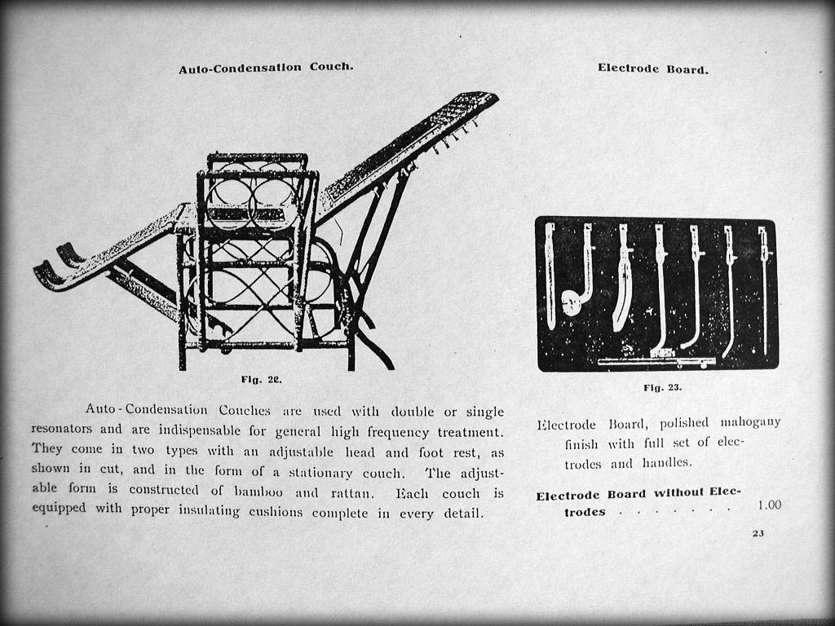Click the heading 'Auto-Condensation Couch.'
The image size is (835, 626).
pos(266,68)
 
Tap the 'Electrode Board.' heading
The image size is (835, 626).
pos(652,68)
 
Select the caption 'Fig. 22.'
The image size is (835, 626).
pos(262,380)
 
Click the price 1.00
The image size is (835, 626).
pos(769,505)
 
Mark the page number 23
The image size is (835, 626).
pos(758,534)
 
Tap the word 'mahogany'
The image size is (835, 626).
pos(750,422)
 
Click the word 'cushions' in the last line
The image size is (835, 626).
pos(273,513)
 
